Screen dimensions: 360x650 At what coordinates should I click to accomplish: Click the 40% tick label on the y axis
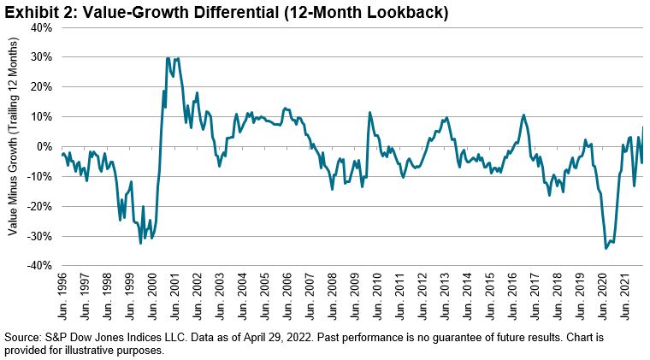(40, 27)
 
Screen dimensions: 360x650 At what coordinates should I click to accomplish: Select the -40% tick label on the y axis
(38, 266)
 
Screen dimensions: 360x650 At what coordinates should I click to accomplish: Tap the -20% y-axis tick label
(38, 206)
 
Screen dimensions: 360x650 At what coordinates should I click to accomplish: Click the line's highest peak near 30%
(168, 58)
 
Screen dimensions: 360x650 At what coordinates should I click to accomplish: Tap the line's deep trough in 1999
(141, 244)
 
